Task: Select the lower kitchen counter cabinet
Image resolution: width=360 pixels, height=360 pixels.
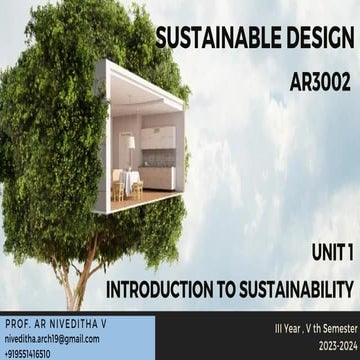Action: click(x=157, y=177)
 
